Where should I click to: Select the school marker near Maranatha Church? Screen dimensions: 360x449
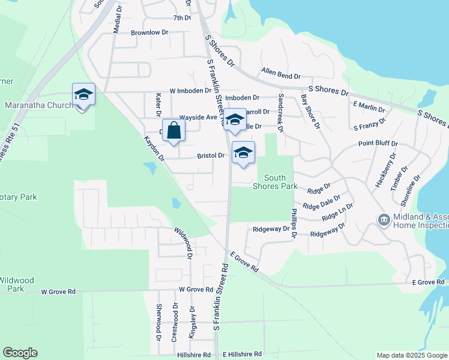coord(83,95)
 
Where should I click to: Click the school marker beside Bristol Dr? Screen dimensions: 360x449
coord(243,154)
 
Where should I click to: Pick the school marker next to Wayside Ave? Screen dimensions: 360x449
coord(235,120)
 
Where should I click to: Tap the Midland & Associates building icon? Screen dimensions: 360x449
coord(383,220)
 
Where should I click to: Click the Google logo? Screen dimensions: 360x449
coord(20,353)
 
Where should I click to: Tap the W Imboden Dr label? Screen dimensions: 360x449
coord(190,91)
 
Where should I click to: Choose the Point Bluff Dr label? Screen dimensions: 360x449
coord(378,144)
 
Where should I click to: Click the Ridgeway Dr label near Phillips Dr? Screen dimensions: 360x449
coord(271,229)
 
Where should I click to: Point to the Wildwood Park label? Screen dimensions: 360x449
coord(17,284)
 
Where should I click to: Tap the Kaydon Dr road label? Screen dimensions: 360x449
coord(154,148)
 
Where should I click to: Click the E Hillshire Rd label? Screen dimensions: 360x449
coord(243,355)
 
